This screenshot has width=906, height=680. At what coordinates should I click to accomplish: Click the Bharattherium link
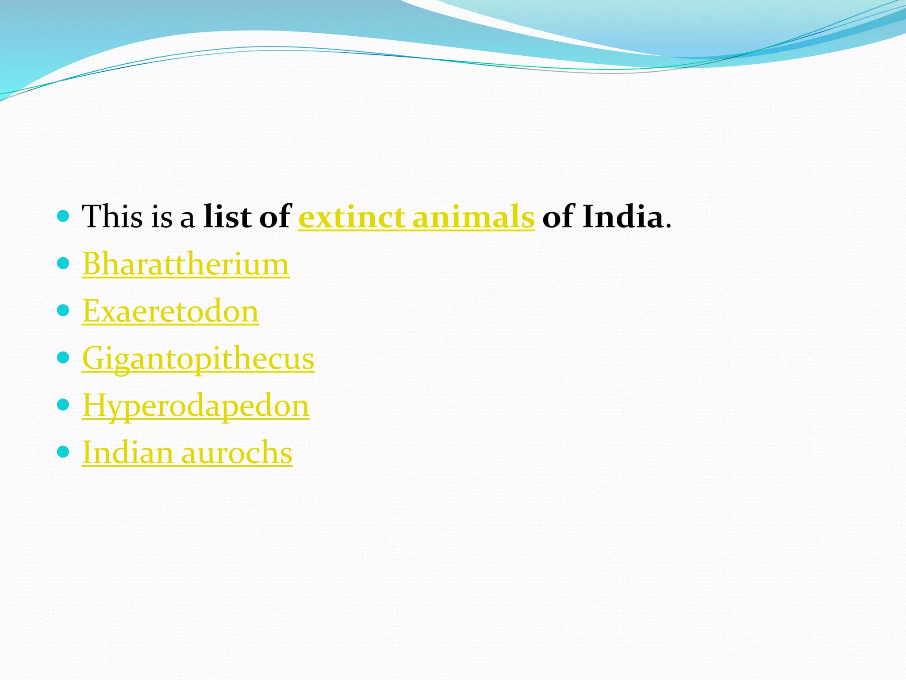coord(186,264)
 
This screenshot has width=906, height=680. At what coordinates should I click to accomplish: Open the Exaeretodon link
coord(170,311)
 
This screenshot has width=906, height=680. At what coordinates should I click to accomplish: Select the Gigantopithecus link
coord(198,358)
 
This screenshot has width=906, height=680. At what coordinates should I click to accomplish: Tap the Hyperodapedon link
coord(196,406)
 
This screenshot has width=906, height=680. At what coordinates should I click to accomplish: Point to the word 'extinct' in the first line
coord(352,217)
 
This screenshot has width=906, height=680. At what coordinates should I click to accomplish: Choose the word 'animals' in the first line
coord(473,217)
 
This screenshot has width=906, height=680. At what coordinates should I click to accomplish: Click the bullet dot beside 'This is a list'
coord(64,216)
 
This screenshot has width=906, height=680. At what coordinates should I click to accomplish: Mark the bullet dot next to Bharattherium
coord(64,263)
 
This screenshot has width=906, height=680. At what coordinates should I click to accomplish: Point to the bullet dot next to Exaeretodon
coord(64,310)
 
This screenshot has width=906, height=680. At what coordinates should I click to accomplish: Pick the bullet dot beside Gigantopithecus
coord(64,358)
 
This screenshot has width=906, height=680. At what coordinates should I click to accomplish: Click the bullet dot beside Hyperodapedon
coord(64,405)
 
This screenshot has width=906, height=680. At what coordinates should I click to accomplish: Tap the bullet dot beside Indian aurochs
coord(64,452)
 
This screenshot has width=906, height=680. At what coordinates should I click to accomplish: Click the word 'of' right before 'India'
coord(558,217)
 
